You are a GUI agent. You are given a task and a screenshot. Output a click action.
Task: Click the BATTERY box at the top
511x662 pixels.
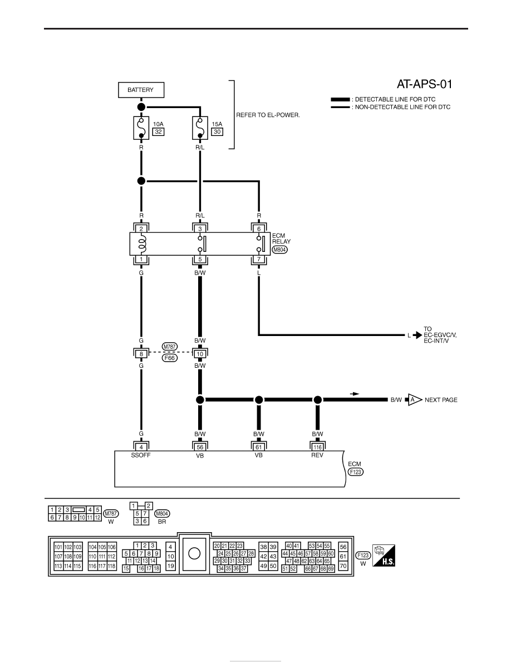(141, 90)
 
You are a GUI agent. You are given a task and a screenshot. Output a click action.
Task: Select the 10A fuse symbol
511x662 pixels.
(141, 128)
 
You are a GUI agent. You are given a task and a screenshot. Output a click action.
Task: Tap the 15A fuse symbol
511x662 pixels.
(200, 128)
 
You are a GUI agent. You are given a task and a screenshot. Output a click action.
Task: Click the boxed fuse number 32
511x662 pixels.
(158, 132)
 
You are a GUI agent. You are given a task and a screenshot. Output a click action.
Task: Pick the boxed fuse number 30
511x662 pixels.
(217, 132)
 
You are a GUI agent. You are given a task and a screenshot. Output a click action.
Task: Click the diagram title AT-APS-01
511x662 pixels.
(424, 84)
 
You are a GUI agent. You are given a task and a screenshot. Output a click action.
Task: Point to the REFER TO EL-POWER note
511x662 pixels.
(268, 115)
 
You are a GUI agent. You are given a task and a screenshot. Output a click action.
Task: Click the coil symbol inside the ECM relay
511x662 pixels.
(142, 244)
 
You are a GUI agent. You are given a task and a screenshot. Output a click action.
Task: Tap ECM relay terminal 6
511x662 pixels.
(259, 229)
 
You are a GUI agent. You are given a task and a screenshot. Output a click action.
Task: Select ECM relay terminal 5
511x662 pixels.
(200, 259)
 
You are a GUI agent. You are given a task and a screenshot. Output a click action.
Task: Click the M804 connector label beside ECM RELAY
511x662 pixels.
(279, 250)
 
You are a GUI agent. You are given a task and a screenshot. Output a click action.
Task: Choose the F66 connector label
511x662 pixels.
(169, 358)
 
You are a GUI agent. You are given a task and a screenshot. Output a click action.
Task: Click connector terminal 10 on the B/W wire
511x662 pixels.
(200, 354)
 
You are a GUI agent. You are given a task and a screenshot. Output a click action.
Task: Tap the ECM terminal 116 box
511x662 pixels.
(317, 447)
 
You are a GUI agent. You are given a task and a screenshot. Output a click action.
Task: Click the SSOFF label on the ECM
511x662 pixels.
(141, 455)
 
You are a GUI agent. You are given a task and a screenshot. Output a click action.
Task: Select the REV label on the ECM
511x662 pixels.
(317, 455)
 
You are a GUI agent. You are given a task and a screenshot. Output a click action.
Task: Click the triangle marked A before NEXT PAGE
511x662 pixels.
(414, 400)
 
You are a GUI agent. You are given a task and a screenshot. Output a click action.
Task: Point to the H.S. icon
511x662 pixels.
(384, 556)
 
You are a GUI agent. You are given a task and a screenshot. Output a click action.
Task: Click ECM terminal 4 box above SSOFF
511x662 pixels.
(141, 447)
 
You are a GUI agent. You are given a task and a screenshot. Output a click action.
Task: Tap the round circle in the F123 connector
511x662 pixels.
(194, 553)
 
